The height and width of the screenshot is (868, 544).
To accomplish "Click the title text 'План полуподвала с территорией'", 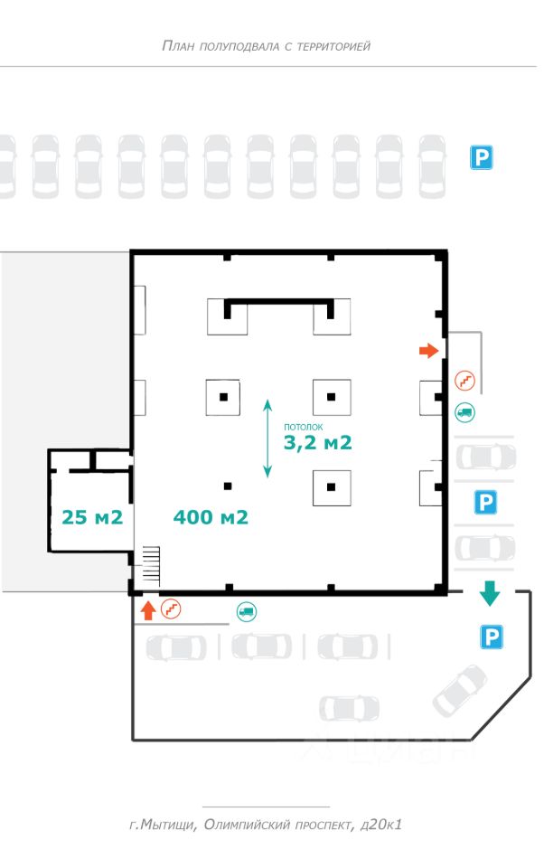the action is tap(266, 45).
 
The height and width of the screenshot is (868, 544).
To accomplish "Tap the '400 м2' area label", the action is tap(211, 517).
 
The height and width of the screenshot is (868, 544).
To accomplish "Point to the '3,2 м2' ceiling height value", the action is tap(317, 443).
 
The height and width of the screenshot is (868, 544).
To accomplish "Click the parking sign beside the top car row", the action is tap(481, 159).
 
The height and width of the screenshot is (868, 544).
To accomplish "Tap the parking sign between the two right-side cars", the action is tap(487, 502).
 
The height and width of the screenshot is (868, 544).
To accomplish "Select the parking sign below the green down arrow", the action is tap(491, 638).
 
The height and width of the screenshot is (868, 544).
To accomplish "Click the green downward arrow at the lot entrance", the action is tap(490, 593).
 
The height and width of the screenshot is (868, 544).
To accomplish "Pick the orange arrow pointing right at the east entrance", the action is tap(427, 350).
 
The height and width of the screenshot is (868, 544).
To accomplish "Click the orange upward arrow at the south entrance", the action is tap(148, 610).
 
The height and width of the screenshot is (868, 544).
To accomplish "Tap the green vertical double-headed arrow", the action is tap(268, 439).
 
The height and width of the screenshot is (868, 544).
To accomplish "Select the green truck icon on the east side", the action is tap(464, 411).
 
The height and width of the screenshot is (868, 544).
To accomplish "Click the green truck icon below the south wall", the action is tap(246, 611).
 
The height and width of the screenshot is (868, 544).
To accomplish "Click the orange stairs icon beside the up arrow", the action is tap(170, 610).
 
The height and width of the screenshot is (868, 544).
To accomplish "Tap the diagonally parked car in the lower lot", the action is tap(460, 689).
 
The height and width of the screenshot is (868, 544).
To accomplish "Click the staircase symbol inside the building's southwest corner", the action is tap(151, 566).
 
